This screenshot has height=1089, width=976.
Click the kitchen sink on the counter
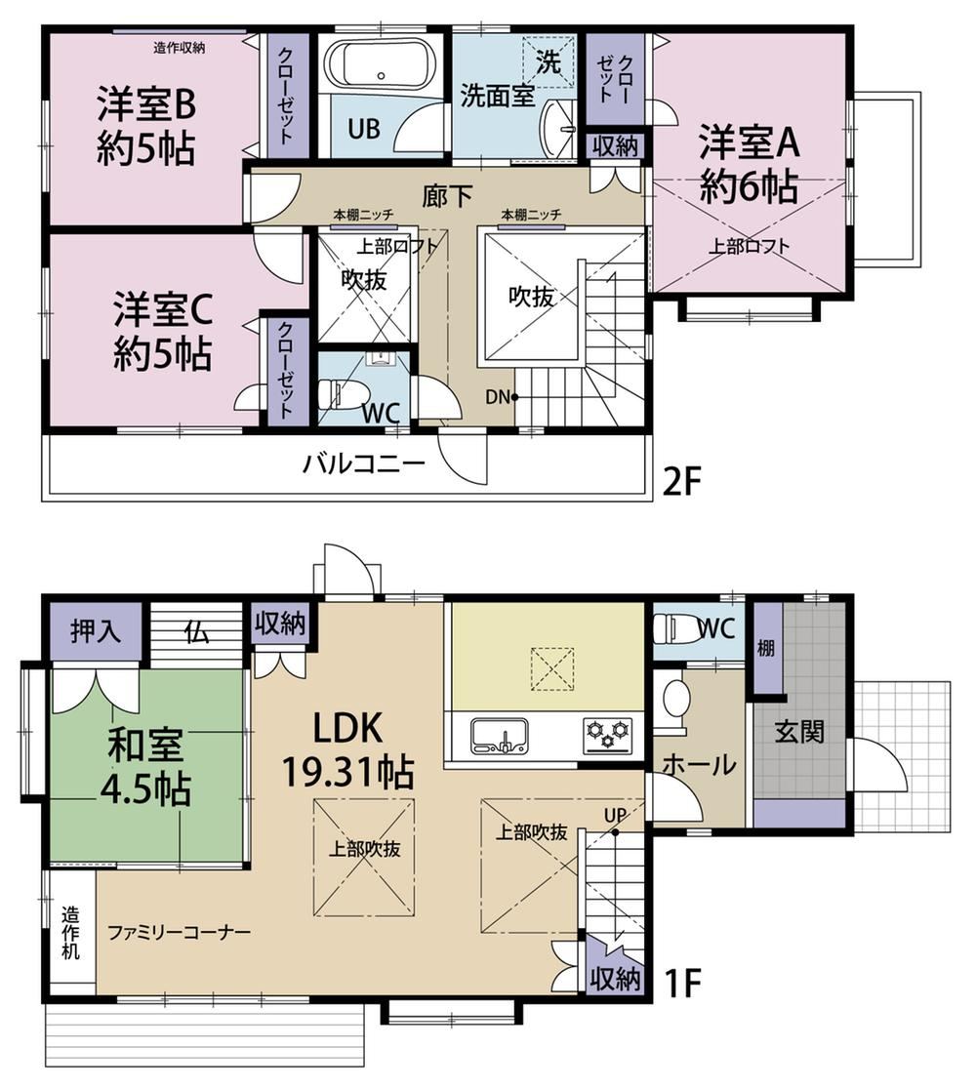coord(500,736)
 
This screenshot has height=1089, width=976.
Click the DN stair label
coord(498,397)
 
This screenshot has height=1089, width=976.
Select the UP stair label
coord(615,815)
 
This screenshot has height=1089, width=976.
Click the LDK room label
coord(347,729)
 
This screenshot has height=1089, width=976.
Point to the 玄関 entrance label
coord(799,731)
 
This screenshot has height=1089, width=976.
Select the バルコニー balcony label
coord(363,463)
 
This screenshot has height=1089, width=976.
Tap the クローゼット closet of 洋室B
coord(284,94)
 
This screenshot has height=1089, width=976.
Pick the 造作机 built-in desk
coord(71,932)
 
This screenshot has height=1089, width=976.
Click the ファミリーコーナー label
coord(180,931)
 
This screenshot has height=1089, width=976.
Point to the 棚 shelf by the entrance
coord(766,648)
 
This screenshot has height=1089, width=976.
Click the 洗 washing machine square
coord(549,61)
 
